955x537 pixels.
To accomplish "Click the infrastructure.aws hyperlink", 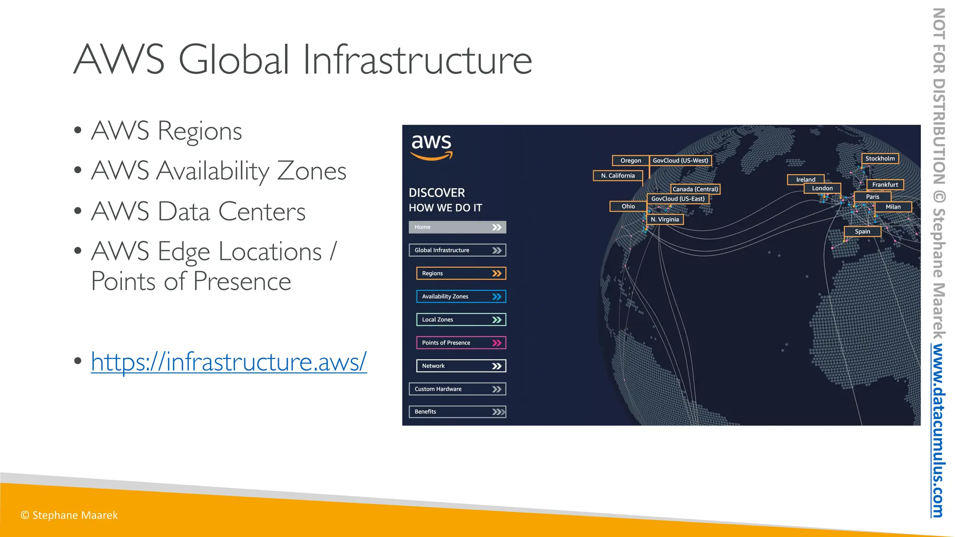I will tap(228, 361).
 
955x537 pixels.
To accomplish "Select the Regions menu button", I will tap(461, 273).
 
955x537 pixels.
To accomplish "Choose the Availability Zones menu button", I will tap(461, 296).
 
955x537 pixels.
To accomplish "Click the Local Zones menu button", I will tap(461, 320).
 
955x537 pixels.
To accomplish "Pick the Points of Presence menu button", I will tap(461, 343).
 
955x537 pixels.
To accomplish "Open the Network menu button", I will tap(461, 366).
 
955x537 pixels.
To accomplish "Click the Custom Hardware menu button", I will tap(457, 389).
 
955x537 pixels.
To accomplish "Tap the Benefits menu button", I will tap(457, 412).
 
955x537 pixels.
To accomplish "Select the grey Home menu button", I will tap(457, 227).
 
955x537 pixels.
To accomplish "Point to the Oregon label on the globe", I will tap(630, 160).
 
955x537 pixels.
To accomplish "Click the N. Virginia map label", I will tap(665, 220).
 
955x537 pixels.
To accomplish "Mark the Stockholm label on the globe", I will tap(880, 158).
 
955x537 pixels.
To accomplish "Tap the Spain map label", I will tap(862, 232).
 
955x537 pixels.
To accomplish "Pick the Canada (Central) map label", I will tap(695, 189).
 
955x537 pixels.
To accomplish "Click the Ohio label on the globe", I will tap(628, 206).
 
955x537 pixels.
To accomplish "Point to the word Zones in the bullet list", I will tap(311, 171).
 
